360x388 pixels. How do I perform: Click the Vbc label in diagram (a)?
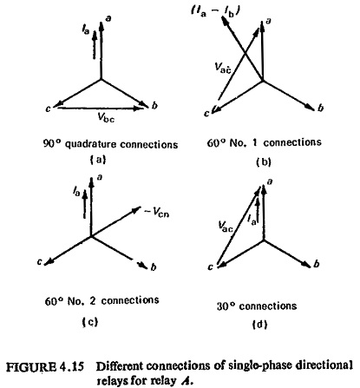(x=106, y=117)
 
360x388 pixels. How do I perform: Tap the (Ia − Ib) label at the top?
(x=215, y=12)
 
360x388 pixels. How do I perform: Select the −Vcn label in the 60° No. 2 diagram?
(x=156, y=213)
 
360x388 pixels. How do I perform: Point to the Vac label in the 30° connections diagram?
(x=226, y=227)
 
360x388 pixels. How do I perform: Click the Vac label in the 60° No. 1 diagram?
(x=223, y=68)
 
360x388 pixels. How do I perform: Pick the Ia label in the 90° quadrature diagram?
(x=86, y=30)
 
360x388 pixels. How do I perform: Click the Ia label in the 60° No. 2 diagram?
(x=76, y=191)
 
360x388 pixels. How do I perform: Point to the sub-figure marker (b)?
(x=264, y=161)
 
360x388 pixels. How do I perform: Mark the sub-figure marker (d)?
(x=259, y=325)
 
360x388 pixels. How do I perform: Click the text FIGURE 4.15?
(x=45, y=367)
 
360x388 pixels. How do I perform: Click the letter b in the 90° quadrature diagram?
(x=154, y=105)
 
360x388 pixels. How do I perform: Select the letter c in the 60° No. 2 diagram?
(x=40, y=261)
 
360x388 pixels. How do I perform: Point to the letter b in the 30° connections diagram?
(x=317, y=264)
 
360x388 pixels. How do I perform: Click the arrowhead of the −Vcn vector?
(x=136, y=209)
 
